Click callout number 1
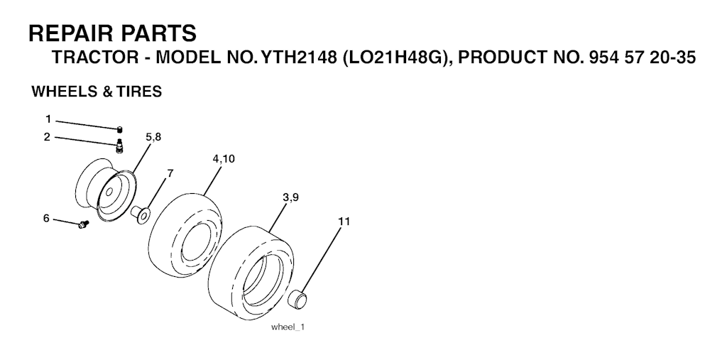(x=48, y=120)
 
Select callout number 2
(x=47, y=137)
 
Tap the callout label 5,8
(x=153, y=137)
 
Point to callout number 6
(x=46, y=218)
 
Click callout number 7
(x=170, y=173)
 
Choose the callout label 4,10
(x=224, y=158)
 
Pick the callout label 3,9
(x=290, y=197)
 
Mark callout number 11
(x=344, y=222)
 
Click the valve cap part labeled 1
(x=119, y=129)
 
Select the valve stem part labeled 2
(x=119, y=146)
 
